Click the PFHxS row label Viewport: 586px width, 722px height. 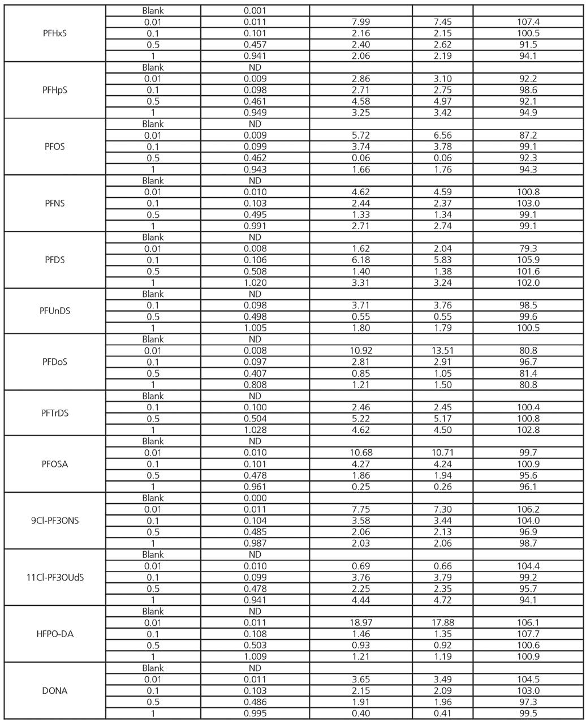55,33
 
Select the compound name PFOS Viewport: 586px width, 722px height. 55,147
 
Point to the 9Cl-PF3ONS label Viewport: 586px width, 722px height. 55,521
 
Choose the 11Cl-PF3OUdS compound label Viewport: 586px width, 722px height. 55,577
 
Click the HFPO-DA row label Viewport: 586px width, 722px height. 55,634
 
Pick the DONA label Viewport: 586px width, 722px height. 55,690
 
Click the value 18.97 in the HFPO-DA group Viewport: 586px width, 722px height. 361,622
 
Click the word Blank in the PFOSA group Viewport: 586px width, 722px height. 153,441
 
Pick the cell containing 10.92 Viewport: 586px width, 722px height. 361,351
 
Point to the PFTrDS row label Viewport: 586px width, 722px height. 55,413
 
